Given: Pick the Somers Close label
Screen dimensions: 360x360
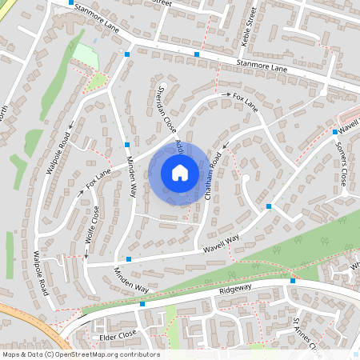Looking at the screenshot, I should coord(342,164).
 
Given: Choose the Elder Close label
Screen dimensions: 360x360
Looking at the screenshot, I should coord(118,337).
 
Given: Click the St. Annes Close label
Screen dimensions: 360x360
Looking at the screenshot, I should coord(306,336).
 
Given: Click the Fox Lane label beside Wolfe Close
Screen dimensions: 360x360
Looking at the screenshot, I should coord(98,182).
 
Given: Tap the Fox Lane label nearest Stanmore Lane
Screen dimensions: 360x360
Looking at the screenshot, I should coord(246,101).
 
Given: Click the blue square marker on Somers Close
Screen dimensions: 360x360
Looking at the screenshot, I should coord(334,131).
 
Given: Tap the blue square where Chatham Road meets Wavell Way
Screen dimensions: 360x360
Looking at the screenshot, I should coord(269,206).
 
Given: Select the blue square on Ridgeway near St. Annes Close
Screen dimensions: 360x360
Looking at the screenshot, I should coord(293,281).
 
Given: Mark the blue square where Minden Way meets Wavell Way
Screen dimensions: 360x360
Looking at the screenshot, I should coord(128,258).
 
